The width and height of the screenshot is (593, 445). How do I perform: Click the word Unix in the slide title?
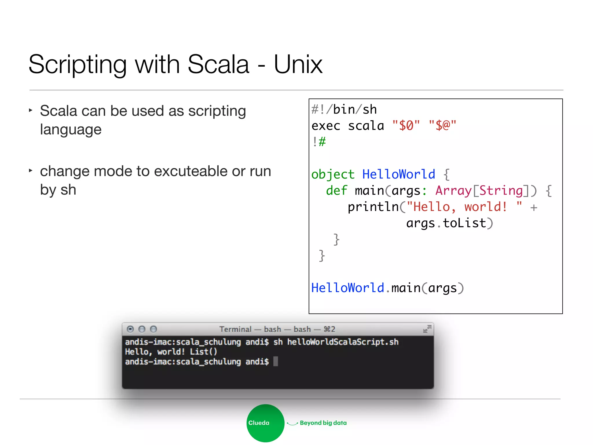pyautogui.click(x=298, y=65)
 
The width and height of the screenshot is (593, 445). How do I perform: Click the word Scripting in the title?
pyautogui.click(x=78, y=65)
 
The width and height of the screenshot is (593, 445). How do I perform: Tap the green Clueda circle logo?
pyautogui.click(x=265, y=423)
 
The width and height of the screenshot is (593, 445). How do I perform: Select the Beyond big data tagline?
pyautogui.click(x=323, y=423)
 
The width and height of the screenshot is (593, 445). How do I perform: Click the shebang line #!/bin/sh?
pyautogui.click(x=344, y=110)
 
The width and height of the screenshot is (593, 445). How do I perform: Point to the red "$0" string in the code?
pyautogui.click(x=406, y=126)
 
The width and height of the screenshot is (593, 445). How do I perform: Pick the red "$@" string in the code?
pyautogui.click(x=442, y=126)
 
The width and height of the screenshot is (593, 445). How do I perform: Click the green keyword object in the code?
pyautogui.click(x=333, y=174)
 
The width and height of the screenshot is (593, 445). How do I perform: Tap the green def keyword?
pyautogui.click(x=336, y=191)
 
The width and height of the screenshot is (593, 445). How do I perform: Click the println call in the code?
pyautogui.click(x=373, y=207)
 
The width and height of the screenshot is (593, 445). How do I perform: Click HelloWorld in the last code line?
pyautogui.click(x=348, y=288)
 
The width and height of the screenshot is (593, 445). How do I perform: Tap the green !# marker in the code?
pyautogui.click(x=319, y=142)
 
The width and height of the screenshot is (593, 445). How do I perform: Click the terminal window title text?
pyautogui.click(x=277, y=329)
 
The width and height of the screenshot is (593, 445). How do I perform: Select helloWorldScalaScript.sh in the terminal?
pyautogui.click(x=343, y=342)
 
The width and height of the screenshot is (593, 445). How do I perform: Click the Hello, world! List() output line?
pyautogui.click(x=171, y=352)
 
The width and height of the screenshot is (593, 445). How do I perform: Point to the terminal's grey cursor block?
pyautogui.click(x=276, y=361)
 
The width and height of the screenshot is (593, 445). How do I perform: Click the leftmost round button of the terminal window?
pyautogui.click(x=130, y=329)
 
